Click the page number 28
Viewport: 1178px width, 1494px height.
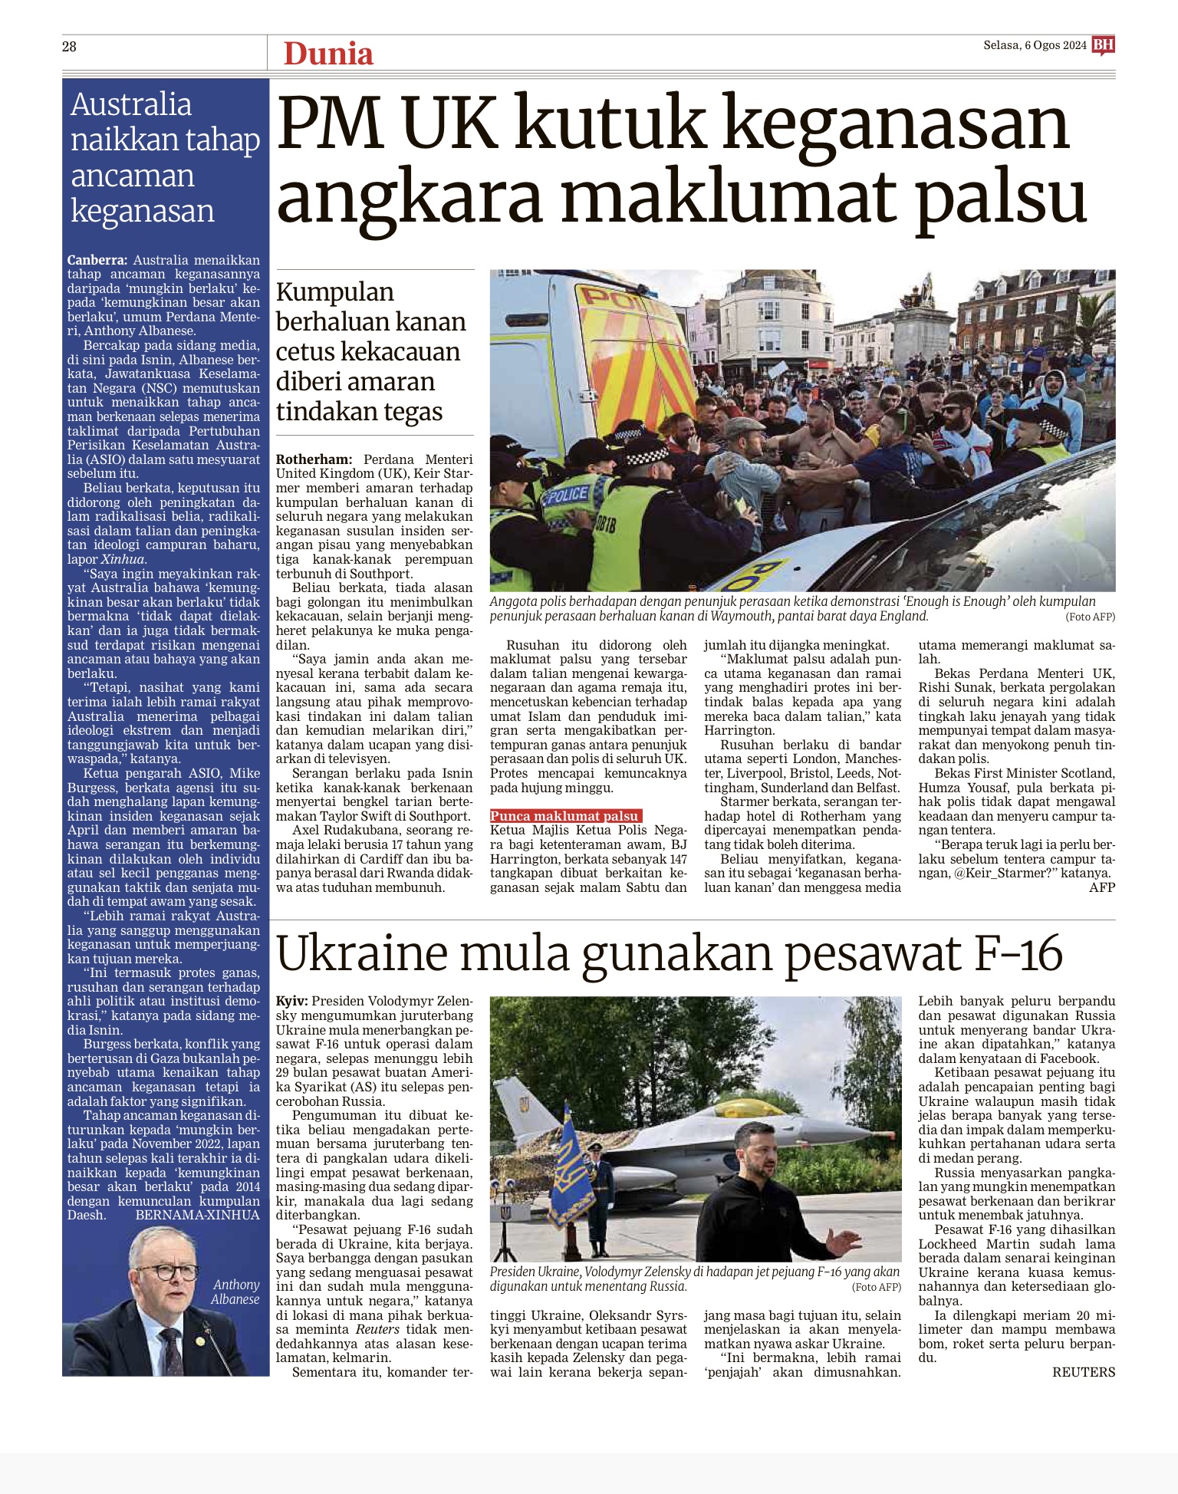[x=69, y=47]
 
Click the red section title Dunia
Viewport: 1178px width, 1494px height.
[x=328, y=54]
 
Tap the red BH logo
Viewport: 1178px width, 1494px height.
[x=1103, y=45]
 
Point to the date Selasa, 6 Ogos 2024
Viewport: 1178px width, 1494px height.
[x=1035, y=46]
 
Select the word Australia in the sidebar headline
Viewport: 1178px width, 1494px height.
[x=131, y=104]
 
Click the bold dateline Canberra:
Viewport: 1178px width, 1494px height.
[x=97, y=260]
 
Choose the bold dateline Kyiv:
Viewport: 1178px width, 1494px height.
[x=292, y=1001]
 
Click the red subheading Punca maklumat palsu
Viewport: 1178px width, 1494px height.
[x=565, y=816]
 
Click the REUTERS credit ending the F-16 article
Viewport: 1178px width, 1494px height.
[x=1084, y=1372]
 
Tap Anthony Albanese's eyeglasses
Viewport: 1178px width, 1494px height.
[x=167, y=1272]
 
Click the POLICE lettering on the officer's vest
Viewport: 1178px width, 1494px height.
[x=567, y=495]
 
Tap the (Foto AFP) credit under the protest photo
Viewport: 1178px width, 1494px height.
[x=1090, y=617]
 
